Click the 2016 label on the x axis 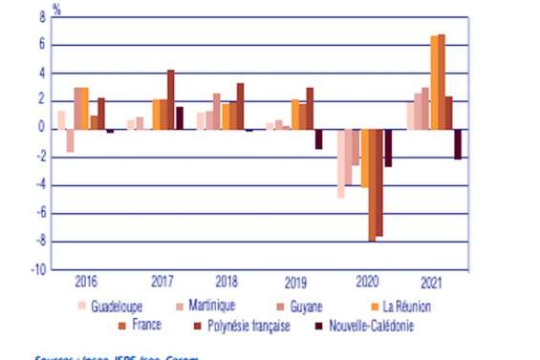(x=85, y=282)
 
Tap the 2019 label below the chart (x=295, y=282)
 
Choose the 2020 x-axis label (x=365, y=282)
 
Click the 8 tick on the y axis (x=41, y=17)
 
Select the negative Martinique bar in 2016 (x=70, y=140)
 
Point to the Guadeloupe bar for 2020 (x=340, y=163)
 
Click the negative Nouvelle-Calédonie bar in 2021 (x=458, y=144)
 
